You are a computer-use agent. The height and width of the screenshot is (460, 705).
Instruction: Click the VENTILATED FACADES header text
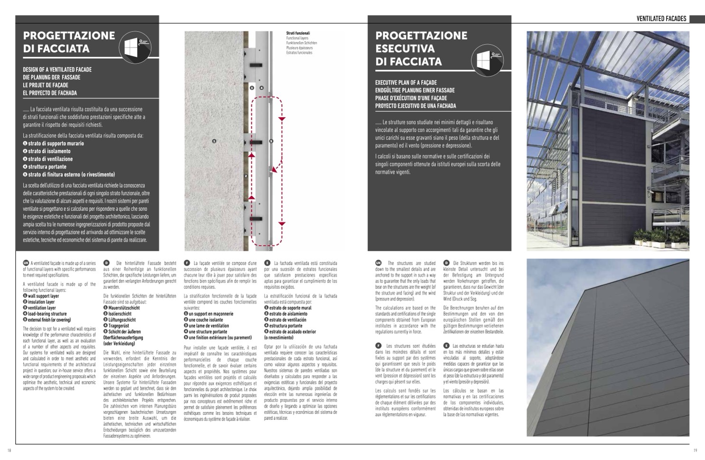point(661,19)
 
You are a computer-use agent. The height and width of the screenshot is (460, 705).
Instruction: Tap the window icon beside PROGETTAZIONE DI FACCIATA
point(135,48)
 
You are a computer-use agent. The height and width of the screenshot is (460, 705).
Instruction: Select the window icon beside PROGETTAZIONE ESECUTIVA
point(487,61)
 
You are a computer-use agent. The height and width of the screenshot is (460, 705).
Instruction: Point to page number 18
point(9,450)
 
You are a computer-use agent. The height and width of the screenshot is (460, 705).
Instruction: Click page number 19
point(695,450)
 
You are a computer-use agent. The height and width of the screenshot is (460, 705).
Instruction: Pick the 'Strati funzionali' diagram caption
point(298,33)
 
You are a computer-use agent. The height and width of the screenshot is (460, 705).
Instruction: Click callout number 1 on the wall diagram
point(214,141)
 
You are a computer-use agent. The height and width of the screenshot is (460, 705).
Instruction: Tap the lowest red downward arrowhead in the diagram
point(282,223)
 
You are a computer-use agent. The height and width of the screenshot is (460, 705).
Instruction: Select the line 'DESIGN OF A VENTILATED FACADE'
point(57,69)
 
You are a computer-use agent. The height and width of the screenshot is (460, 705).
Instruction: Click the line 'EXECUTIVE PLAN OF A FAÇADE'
point(406,82)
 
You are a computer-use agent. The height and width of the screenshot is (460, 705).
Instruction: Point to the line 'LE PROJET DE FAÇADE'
point(46,85)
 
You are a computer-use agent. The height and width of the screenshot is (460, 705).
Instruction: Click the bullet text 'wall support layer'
point(43,296)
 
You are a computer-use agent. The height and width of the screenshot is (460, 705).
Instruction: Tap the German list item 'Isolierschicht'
point(120,314)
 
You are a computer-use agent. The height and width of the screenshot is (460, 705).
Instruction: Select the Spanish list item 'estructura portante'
point(286,326)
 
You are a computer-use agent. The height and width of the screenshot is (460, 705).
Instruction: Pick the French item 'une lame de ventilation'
point(208,326)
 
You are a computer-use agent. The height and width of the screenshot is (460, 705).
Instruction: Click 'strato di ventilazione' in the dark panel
point(50,159)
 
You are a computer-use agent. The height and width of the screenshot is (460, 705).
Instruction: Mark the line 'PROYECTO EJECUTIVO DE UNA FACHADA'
point(415,105)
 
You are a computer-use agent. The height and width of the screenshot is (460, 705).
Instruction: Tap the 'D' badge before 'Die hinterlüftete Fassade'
point(107,263)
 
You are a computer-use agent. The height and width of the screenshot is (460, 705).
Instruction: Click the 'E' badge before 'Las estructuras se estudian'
point(446,346)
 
